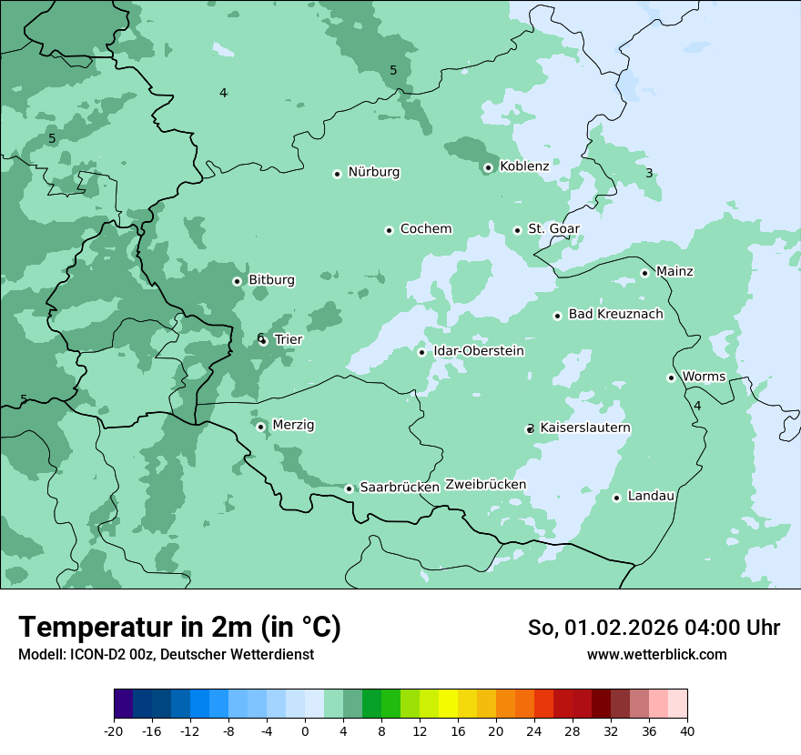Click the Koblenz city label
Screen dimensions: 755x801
click(x=524, y=166)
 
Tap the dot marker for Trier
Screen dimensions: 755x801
click(x=263, y=341)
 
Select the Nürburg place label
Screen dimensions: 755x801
click(x=373, y=172)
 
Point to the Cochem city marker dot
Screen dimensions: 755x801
click(x=389, y=230)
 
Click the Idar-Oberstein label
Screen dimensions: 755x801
click(x=479, y=351)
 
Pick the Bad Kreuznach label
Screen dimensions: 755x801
click(x=615, y=315)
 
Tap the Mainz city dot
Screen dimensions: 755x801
click(x=644, y=273)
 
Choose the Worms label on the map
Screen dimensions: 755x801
click(x=704, y=377)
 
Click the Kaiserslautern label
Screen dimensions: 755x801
click(x=585, y=428)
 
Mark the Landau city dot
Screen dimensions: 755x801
click(x=616, y=498)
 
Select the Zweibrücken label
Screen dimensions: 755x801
click(x=485, y=485)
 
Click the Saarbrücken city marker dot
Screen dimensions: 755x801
click(x=349, y=488)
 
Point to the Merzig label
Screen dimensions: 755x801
click(x=293, y=426)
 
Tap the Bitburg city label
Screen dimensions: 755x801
click(x=271, y=280)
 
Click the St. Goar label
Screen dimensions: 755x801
click(x=553, y=229)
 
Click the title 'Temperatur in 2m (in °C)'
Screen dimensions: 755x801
click(x=180, y=627)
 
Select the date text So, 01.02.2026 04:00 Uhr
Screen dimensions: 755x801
click(x=654, y=628)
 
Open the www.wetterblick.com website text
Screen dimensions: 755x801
click(x=656, y=654)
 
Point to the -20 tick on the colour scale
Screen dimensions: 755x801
click(x=114, y=730)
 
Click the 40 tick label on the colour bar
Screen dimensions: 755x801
click(x=687, y=730)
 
